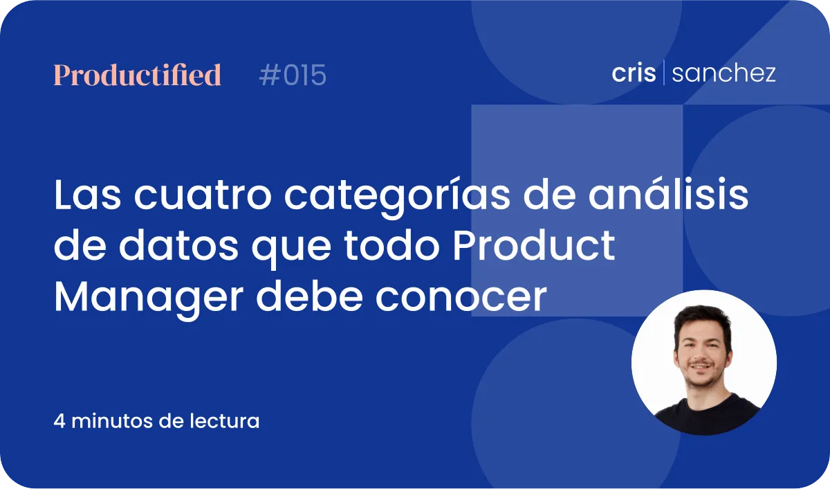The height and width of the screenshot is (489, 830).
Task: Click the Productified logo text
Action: coord(137,75)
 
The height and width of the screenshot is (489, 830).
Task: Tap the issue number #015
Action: coord(293,75)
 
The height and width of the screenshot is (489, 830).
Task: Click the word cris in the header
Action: coord(634,72)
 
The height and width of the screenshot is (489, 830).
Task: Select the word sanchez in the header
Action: coord(723,73)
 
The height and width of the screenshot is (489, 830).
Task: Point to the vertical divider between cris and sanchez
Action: coord(663,72)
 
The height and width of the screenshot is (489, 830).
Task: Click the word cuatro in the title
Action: coord(203,195)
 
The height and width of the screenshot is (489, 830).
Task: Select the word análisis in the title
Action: coord(668,194)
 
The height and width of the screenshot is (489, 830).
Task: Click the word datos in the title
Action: coord(178,245)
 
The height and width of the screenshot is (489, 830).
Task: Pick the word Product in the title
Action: coord(534,245)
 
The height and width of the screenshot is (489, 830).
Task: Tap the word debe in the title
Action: coord(309,296)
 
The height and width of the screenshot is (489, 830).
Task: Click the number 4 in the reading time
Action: coord(59,421)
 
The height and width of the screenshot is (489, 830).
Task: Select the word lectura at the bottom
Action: coord(225,421)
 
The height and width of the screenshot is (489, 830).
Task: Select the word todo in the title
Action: coord(391,245)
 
